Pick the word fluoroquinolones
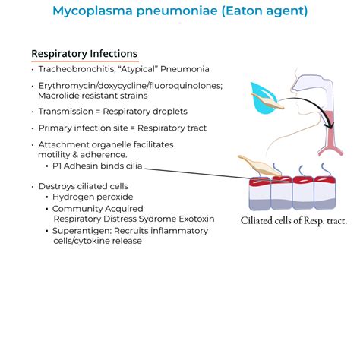[185, 86]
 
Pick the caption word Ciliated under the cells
[261, 220]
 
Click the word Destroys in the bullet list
[59, 186]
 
